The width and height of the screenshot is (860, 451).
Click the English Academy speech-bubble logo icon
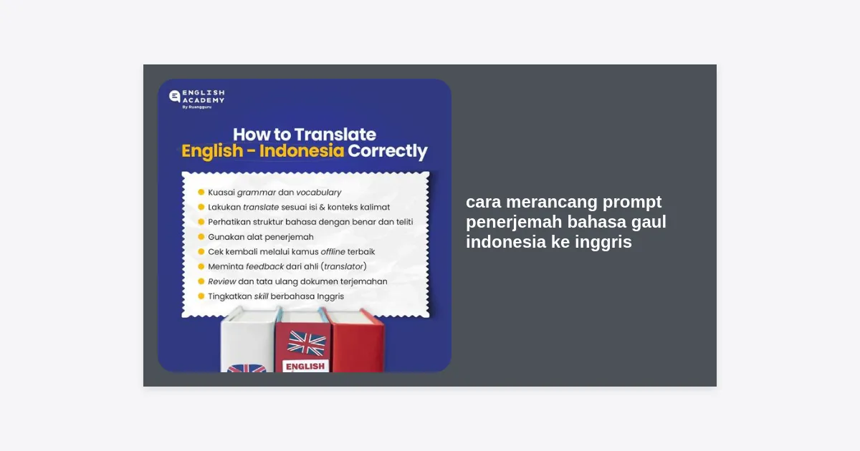[x=175, y=96]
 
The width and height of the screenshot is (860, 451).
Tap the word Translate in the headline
[x=335, y=135]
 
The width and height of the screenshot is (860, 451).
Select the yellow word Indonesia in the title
[x=302, y=151]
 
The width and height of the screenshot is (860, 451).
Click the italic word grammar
[x=257, y=193]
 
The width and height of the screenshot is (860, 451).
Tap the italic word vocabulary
[x=319, y=193]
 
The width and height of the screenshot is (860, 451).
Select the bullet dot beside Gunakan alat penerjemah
[x=201, y=237]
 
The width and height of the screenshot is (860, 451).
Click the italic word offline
[x=333, y=251]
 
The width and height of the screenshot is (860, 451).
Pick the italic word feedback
[x=264, y=266]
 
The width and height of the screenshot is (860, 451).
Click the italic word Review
[x=222, y=281]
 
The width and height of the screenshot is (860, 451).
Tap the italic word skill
[x=261, y=296]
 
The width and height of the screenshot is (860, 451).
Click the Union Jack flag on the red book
[x=307, y=343]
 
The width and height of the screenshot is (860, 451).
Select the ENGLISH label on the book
[x=305, y=367]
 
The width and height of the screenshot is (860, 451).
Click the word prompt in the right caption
[x=632, y=203]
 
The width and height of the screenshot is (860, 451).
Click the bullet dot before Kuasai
[x=201, y=192]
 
